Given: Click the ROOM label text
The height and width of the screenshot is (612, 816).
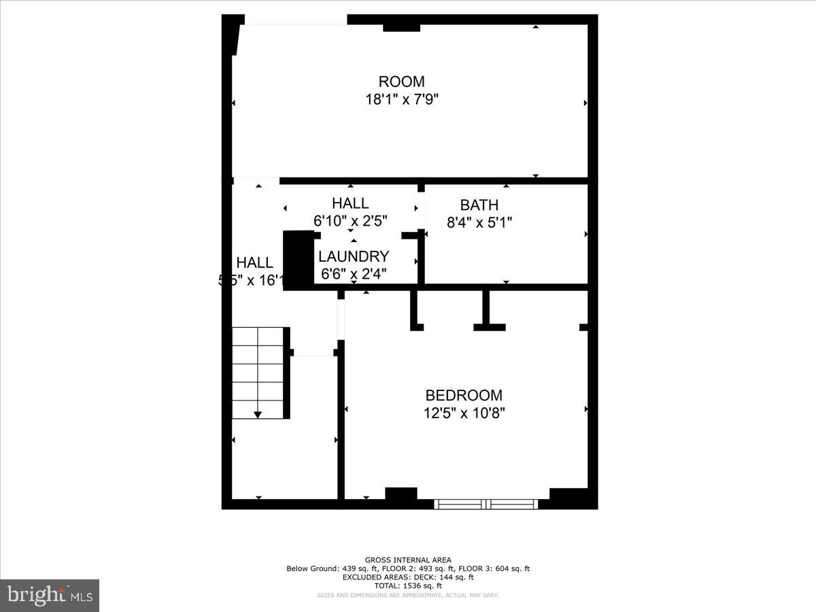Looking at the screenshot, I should tap(401, 82).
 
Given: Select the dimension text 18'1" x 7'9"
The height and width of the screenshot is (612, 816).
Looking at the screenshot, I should tap(401, 99).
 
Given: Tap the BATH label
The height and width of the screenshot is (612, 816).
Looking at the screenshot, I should tap(479, 205).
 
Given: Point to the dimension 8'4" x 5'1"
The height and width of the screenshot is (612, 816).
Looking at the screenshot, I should tap(479, 222).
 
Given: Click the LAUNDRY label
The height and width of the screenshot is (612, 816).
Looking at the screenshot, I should tap(354, 256).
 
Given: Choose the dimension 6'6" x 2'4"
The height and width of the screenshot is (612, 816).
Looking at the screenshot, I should tap(354, 274).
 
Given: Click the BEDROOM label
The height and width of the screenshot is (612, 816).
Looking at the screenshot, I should tap(464, 395).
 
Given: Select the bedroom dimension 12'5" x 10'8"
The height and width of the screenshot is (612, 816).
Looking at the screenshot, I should tap(464, 413).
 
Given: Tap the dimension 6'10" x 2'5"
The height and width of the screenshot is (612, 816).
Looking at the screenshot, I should tap(350, 220).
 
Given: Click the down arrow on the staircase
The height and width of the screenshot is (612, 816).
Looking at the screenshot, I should tap(258, 413).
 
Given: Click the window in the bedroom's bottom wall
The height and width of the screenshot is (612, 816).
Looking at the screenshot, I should tap(486, 504).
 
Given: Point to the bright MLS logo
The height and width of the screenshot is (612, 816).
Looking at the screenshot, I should tap(50, 595).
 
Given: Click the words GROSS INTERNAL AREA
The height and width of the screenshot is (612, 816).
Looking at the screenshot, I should tap(408, 560).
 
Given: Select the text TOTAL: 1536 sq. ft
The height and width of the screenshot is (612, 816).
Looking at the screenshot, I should tap(408, 585).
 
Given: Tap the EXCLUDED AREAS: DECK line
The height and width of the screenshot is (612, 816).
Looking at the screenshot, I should tap(408, 577).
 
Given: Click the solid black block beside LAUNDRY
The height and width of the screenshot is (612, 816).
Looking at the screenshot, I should tap(298, 260).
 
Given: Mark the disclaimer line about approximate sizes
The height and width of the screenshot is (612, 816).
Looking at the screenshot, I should tap(408, 595).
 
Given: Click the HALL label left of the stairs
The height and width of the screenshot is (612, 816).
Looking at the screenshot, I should tap(255, 262).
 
